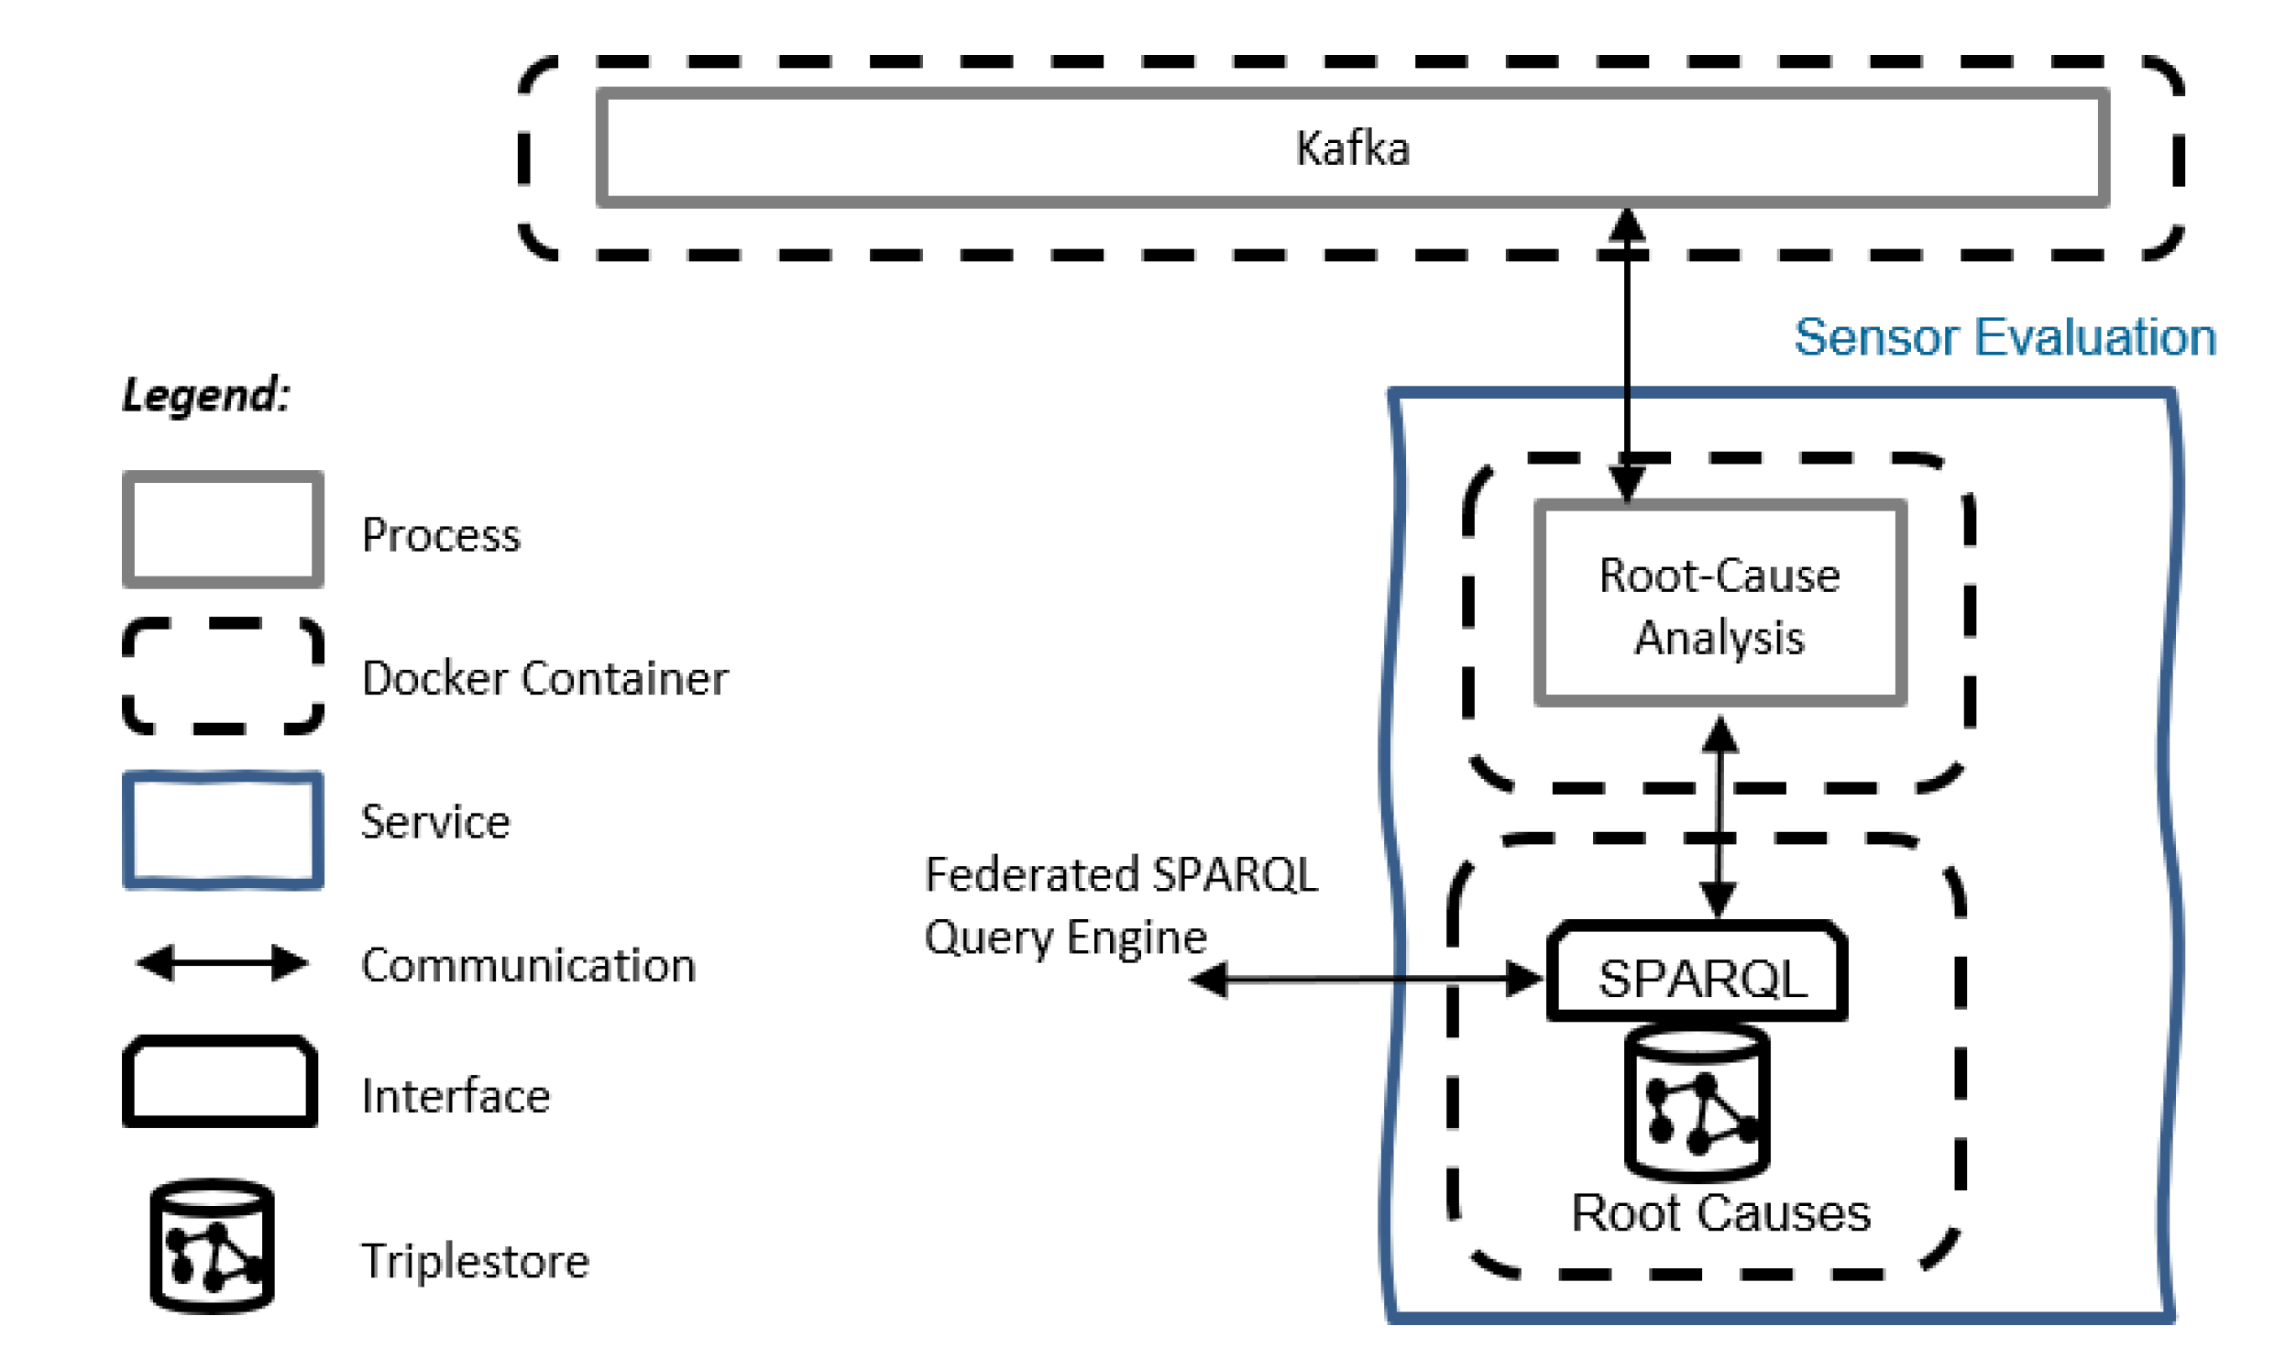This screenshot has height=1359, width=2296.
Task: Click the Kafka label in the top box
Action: (1352, 148)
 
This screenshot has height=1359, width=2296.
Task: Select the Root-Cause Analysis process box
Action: (1719, 605)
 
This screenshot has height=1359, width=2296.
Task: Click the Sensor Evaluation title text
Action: (2005, 337)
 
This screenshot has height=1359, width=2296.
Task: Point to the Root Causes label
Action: (1720, 1213)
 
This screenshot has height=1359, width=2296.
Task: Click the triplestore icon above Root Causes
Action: (1697, 1103)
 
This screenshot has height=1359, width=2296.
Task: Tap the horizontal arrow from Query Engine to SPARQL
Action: (1366, 979)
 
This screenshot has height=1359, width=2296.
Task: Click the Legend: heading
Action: (206, 396)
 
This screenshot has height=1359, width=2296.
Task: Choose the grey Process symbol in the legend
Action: (223, 530)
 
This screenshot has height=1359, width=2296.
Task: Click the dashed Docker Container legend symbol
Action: (223, 676)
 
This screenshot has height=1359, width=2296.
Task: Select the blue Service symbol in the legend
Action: (223, 830)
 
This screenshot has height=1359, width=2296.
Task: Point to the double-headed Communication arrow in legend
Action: (223, 963)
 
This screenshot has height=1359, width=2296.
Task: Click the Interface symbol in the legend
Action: (220, 1082)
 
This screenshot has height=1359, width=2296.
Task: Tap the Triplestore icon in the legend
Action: (212, 1246)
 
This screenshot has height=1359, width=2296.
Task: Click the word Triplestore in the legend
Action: (475, 1261)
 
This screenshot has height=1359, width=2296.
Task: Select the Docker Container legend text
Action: (545, 679)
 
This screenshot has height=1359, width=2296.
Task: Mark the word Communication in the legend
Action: (529, 966)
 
